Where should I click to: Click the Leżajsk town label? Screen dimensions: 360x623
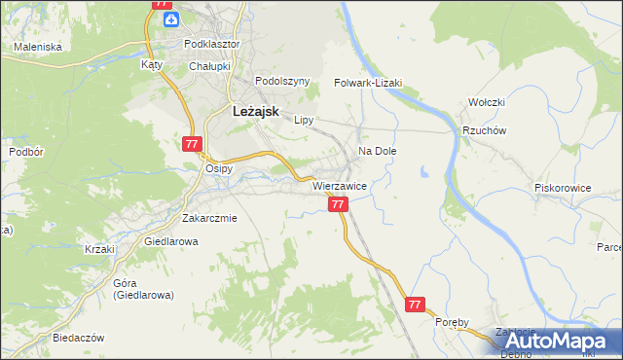point(256,112)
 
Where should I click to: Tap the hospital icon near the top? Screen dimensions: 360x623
point(171,19)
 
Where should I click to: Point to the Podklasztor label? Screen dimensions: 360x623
point(211,45)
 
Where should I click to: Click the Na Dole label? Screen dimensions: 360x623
point(378,152)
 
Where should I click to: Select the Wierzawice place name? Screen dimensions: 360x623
point(339,185)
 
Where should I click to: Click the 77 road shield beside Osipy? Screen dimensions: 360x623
point(192,144)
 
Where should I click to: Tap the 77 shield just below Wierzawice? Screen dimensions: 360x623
point(338,204)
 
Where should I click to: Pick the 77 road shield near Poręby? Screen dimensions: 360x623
point(416,305)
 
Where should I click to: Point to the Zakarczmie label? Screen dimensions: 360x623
point(209,219)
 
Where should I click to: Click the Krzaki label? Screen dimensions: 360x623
point(99,249)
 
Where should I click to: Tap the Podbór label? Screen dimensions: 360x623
point(24,152)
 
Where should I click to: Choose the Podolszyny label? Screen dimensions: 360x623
point(281,82)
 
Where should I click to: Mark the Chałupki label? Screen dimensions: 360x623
point(209,66)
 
